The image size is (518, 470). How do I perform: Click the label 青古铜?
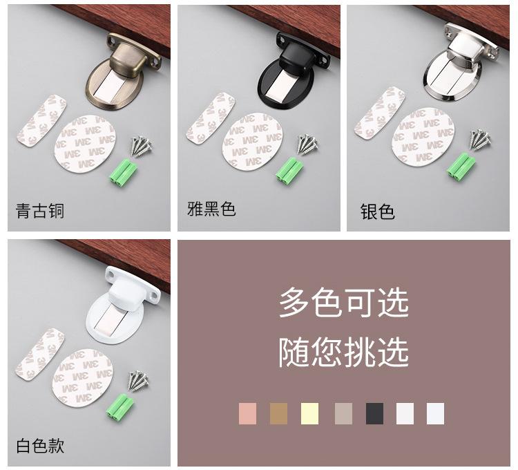pos(39,211)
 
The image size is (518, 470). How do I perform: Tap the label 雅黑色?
pos(211,209)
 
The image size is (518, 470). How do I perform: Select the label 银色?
pos(377,211)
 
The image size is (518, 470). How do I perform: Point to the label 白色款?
pos(40,446)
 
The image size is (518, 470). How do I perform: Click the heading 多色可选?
pos(343,303)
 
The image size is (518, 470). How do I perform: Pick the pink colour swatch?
pos(247,413)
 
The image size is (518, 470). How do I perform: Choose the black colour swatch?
pos(374,413)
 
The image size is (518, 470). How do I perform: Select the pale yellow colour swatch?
pos(310,413)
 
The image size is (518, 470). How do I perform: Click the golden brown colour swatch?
pos(278,413)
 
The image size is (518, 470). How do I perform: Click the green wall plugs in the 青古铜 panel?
pos(122,171)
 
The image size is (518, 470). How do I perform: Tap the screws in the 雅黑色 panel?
pos(307,144)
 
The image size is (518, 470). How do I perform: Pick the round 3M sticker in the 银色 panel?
pos(423,136)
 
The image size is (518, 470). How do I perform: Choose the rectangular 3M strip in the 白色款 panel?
pos(40,354)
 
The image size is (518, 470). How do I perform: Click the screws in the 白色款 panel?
pos(138,381)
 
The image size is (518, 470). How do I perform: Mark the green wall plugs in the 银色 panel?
pos(461,167)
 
